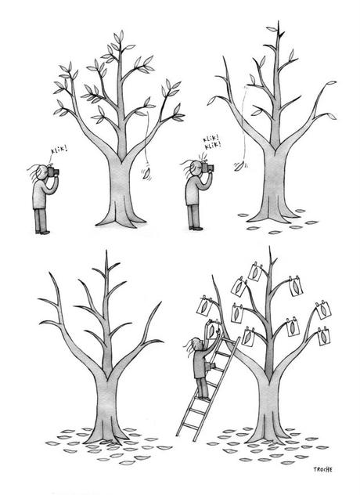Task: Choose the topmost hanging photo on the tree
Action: pos(254,272)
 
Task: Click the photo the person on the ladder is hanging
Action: pos(207,305)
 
